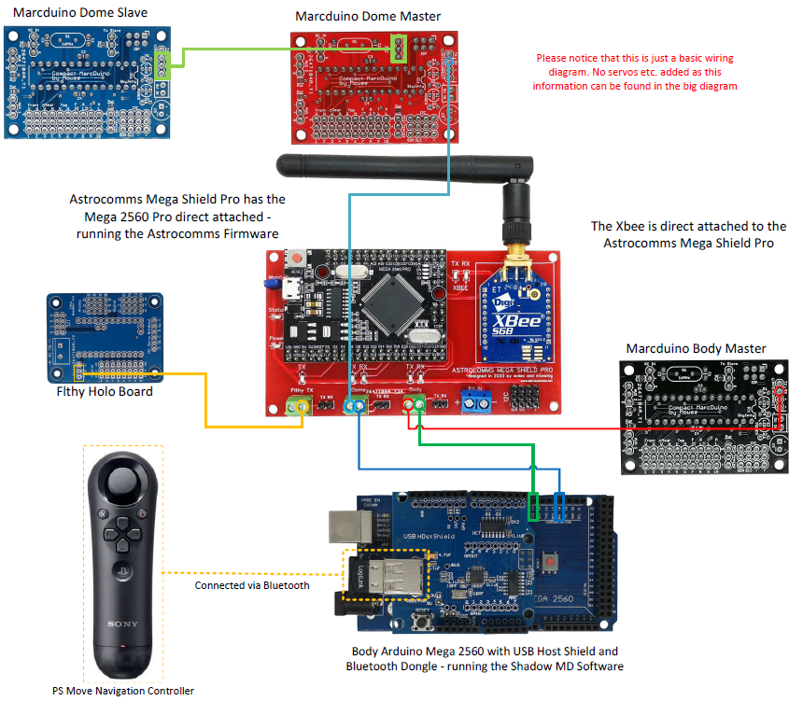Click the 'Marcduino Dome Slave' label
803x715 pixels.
(x=79, y=12)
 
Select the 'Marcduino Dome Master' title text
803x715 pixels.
(x=368, y=16)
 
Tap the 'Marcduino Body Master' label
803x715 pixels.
(x=696, y=348)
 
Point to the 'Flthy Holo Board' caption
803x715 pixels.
(x=105, y=392)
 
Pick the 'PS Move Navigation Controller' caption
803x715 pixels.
(x=122, y=691)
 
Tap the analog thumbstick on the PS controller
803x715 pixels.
(x=123, y=484)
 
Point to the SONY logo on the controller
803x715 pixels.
(x=123, y=624)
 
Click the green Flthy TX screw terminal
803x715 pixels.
(x=299, y=406)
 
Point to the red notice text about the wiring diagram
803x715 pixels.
(x=635, y=72)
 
